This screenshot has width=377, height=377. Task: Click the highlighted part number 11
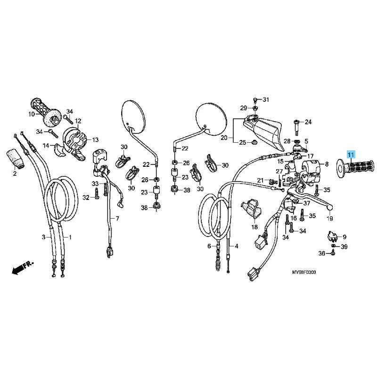351,155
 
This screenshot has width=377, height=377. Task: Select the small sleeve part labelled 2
15,157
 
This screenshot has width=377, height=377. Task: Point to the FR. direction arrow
23,267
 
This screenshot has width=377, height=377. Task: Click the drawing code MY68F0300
303,272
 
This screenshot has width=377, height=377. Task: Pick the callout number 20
224,138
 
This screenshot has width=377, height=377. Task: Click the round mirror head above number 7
133,117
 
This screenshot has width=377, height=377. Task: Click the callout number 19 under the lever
329,219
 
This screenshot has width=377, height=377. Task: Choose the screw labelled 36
333,252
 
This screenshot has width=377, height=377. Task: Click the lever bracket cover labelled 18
251,209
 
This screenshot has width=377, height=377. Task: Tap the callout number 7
117,219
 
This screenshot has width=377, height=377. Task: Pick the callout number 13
96,139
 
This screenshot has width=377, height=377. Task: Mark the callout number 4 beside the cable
237,246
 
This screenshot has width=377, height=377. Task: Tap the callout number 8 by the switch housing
327,164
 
